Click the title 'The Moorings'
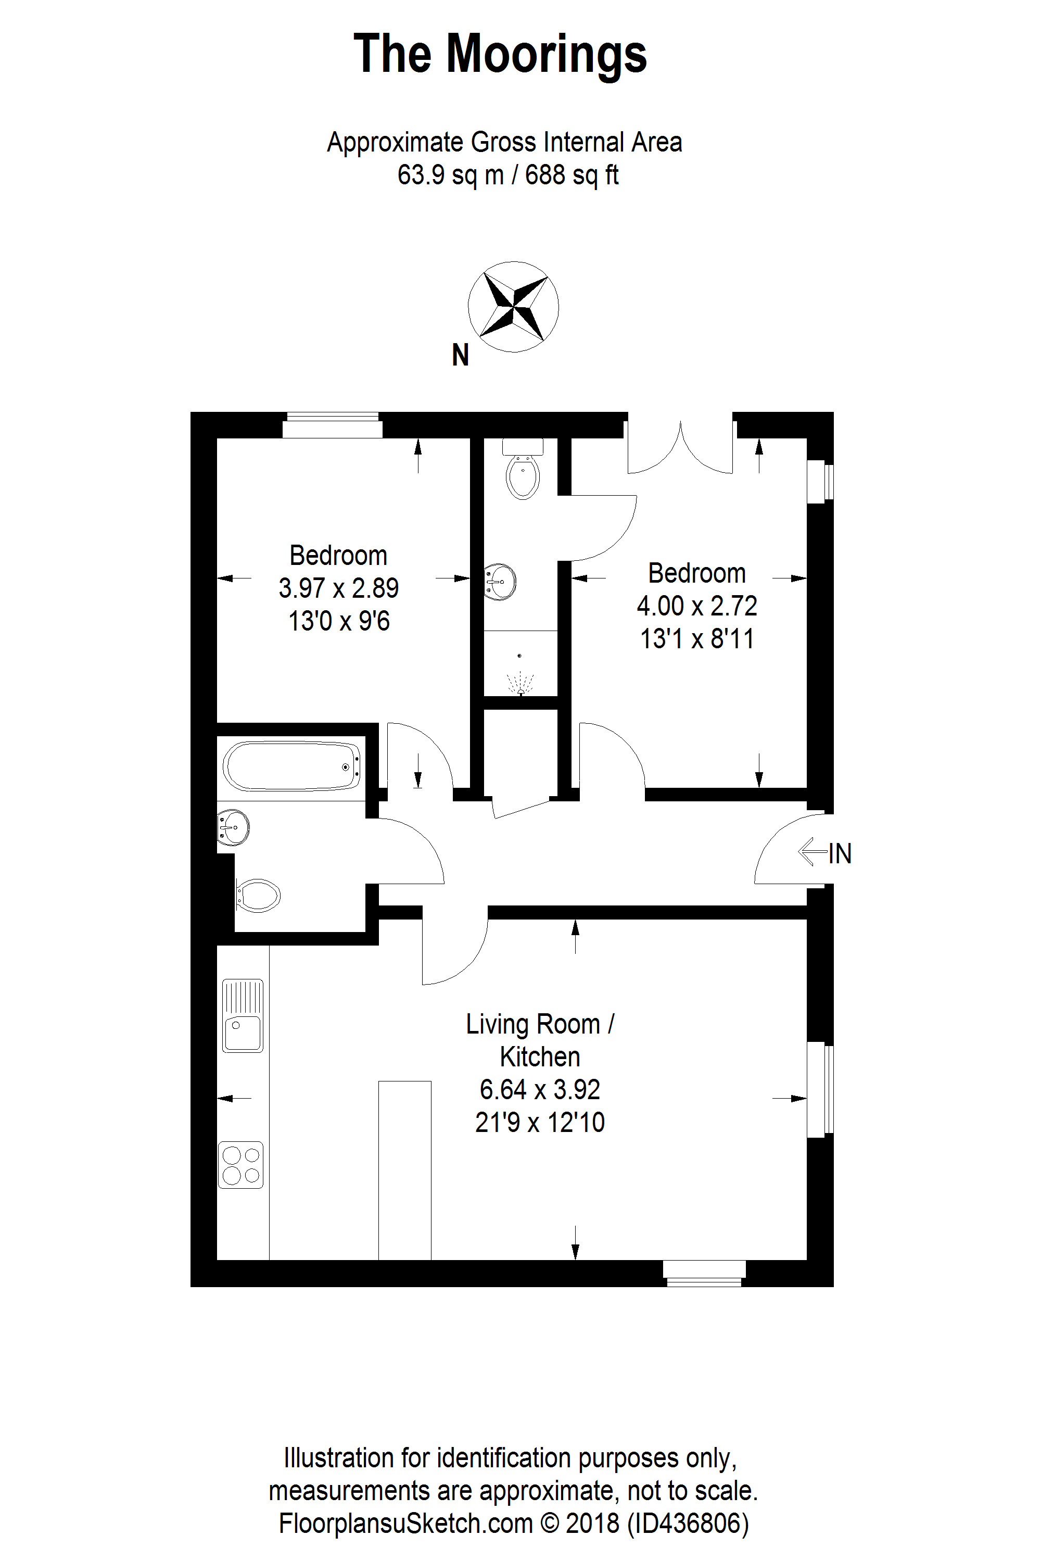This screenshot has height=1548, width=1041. [x=500, y=55]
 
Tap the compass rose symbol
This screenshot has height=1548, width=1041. [x=513, y=306]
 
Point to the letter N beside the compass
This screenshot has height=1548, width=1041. [x=460, y=355]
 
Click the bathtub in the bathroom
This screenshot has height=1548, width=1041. [x=292, y=766]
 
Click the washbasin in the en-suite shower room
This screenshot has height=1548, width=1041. [x=500, y=583]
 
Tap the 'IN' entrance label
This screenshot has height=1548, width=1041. [x=840, y=853]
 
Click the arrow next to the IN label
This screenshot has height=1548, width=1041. [x=813, y=852]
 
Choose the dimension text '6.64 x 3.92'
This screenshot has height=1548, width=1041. [x=540, y=1089]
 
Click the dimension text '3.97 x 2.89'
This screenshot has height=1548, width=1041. [x=339, y=588]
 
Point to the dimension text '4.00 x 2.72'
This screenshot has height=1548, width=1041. [x=697, y=606]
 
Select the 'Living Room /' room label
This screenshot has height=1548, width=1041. [x=540, y=1024]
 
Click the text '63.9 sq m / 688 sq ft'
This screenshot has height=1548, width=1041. [x=508, y=175]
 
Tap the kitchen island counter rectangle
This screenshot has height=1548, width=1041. [x=405, y=1170]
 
